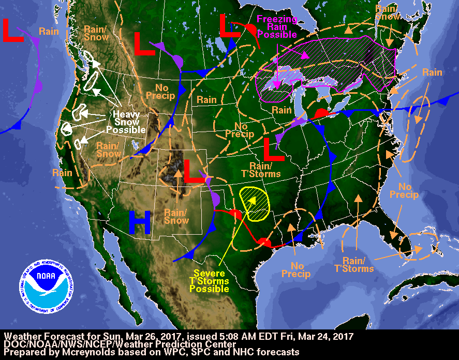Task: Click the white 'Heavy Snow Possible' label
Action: click(x=127, y=122)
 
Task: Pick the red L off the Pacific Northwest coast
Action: click(x=12, y=31)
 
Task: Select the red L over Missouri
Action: click(x=273, y=150)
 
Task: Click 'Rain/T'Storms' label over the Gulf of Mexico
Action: click(x=357, y=265)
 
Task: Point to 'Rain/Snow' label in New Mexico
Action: click(x=176, y=216)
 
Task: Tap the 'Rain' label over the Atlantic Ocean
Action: click(x=432, y=73)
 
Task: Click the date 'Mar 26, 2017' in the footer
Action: click(x=125, y=336)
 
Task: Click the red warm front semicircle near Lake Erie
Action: click(x=321, y=112)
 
